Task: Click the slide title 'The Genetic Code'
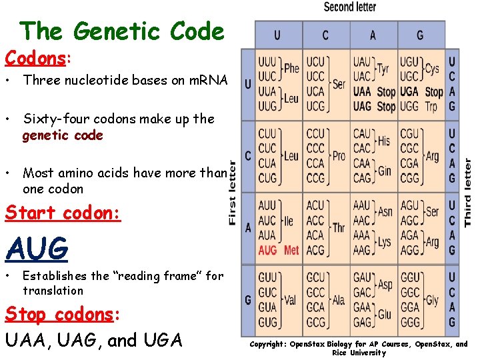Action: pos(122,31)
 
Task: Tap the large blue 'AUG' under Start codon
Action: pos(37,249)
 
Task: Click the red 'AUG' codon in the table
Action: pos(267,250)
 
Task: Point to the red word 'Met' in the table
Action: pos(291,250)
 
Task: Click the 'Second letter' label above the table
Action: pos(349,7)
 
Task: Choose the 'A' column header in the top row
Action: pos(373,35)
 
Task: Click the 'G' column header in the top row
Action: pos(419,35)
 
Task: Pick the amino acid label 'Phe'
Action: pos(291,68)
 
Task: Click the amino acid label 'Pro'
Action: pos(339,156)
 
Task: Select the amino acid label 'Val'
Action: pos(290,301)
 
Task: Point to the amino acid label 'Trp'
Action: pos(431,106)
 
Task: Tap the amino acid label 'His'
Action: pos(383,141)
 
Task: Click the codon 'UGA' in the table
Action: pos(409,91)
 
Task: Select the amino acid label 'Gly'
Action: pos(431,301)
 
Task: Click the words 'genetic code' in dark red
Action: pos(63,135)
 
